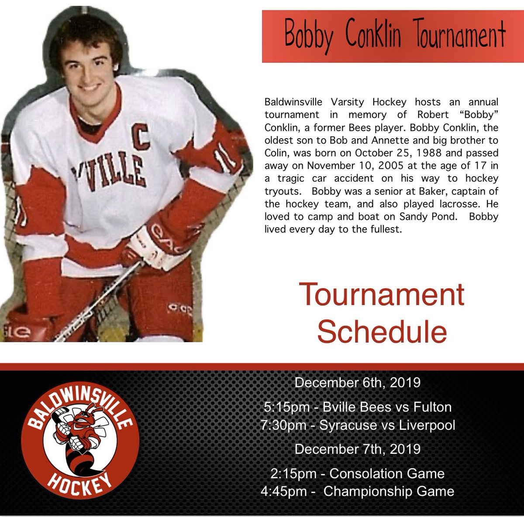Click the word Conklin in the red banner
click(373, 35)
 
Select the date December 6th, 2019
click(357, 383)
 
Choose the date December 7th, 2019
click(357, 449)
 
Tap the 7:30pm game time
click(283, 425)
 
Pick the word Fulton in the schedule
click(431, 407)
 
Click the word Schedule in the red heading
click(382, 331)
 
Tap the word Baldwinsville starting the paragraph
click(293, 102)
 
